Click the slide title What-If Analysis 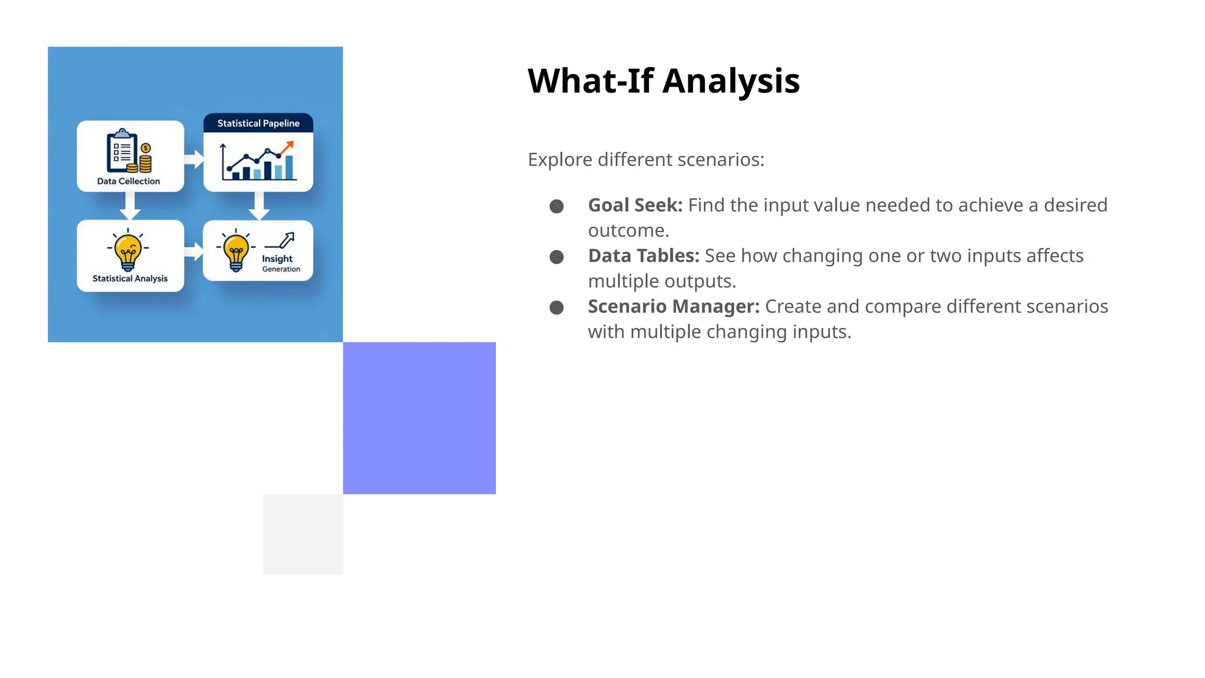point(663,81)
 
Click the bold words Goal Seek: point(635,205)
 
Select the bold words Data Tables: point(643,256)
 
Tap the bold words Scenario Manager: point(673,307)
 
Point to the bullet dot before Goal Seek point(556,207)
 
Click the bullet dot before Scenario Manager point(556,308)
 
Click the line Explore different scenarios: point(645,159)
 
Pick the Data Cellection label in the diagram point(128,181)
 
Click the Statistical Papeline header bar point(258,123)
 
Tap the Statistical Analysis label point(130,278)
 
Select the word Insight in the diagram point(277,258)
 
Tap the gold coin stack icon point(145,159)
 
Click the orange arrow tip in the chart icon point(289,145)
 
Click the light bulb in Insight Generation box point(236,251)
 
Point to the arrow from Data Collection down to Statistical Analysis point(129,206)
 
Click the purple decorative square point(419,418)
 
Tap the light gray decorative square point(302,534)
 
